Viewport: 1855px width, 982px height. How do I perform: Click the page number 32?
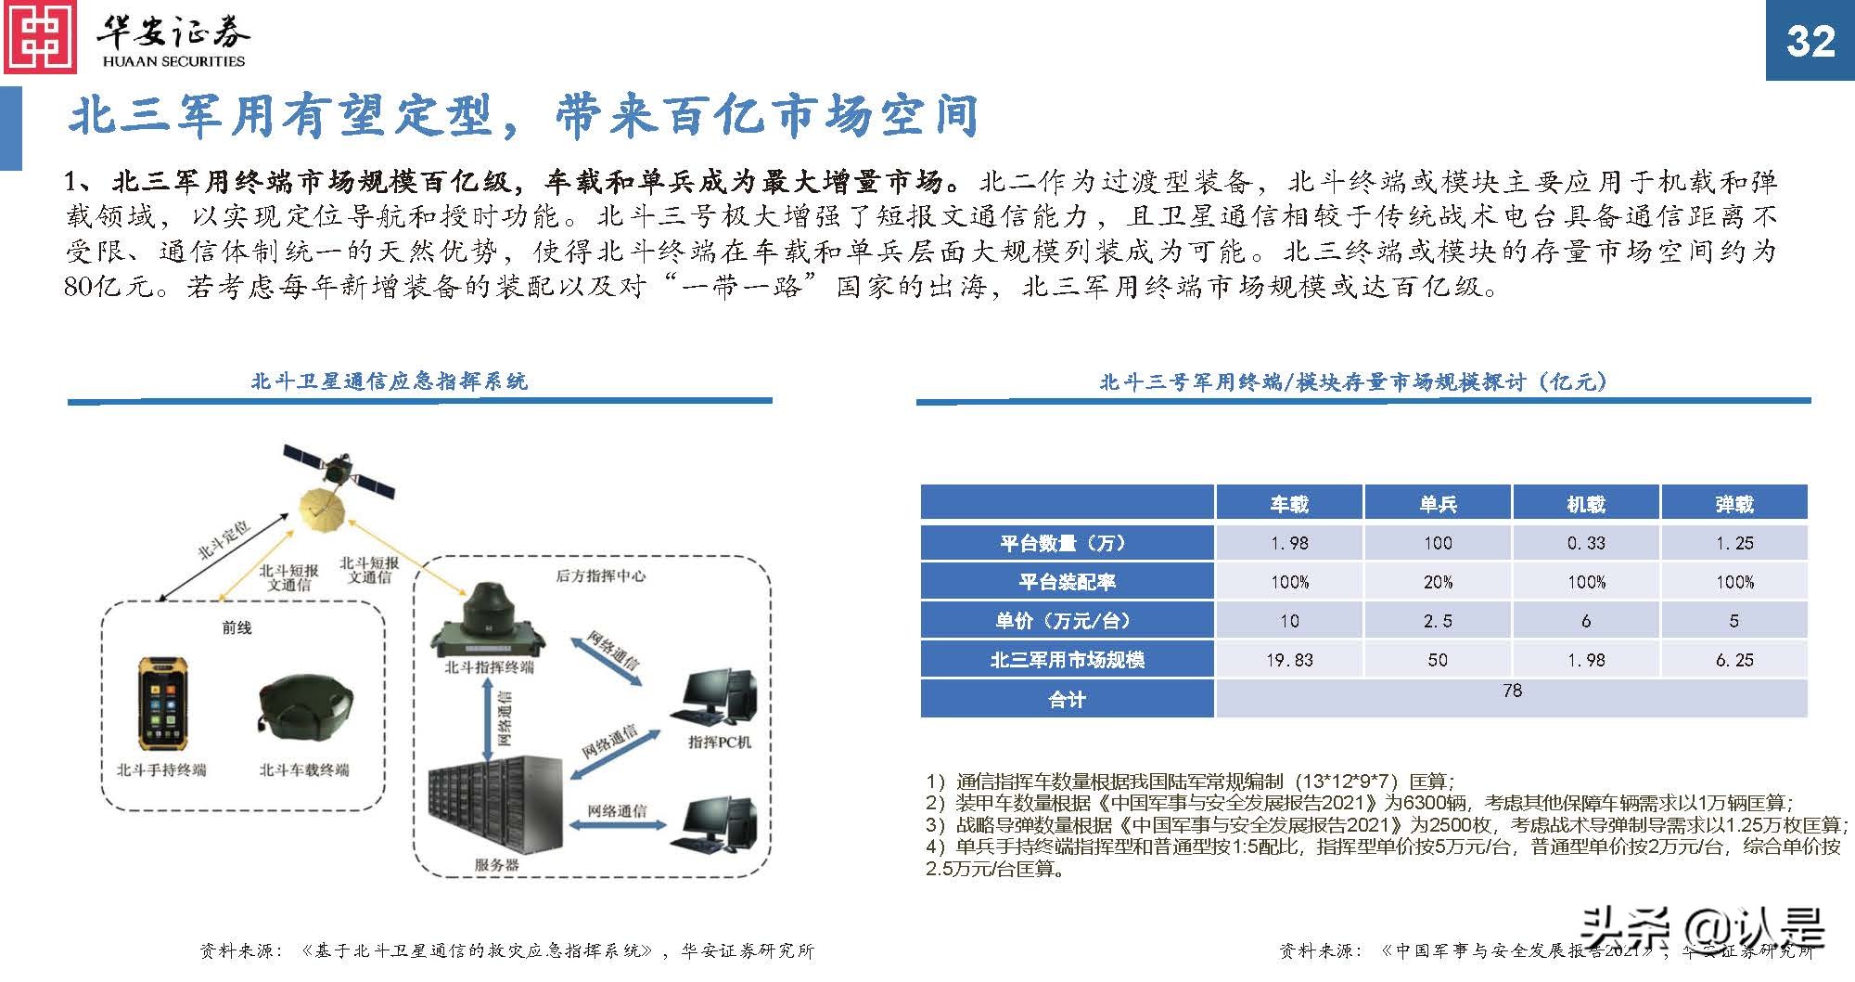pos(1810,42)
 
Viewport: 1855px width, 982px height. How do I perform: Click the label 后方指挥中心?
pos(600,576)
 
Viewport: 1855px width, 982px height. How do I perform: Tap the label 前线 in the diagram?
pos(237,628)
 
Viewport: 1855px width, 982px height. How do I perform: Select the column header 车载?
pos(1289,504)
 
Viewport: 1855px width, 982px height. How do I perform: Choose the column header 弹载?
pos(1734,504)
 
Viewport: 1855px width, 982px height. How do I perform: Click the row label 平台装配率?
pos(1067,582)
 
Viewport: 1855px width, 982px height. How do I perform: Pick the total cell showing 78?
pos(1512,691)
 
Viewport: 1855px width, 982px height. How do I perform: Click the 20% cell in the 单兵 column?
pos(1438,582)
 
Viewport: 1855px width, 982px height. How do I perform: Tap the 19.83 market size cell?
pos(1289,660)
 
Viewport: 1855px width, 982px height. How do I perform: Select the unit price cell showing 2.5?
pos(1438,621)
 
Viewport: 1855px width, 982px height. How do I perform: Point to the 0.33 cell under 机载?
pos(1586,543)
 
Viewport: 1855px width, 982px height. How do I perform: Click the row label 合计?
pos(1067,700)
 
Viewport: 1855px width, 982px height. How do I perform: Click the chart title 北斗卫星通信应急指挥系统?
pos(389,381)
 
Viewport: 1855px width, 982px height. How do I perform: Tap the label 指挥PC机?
pos(720,742)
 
